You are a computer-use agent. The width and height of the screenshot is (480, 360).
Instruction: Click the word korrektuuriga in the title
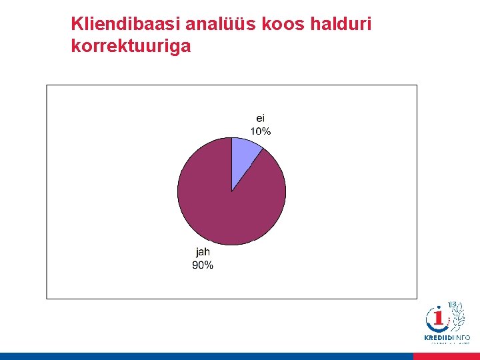[x=131, y=47]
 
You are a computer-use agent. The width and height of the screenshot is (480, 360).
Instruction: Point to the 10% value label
[x=260, y=131]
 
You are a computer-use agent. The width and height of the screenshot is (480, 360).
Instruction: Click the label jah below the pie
[x=203, y=252]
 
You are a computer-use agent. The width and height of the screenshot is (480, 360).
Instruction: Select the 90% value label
[x=203, y=265]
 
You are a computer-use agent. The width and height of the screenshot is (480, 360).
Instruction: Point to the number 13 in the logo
[x=453, y=305]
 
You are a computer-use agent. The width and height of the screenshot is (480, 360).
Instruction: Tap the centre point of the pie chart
[x=231, y=191]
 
